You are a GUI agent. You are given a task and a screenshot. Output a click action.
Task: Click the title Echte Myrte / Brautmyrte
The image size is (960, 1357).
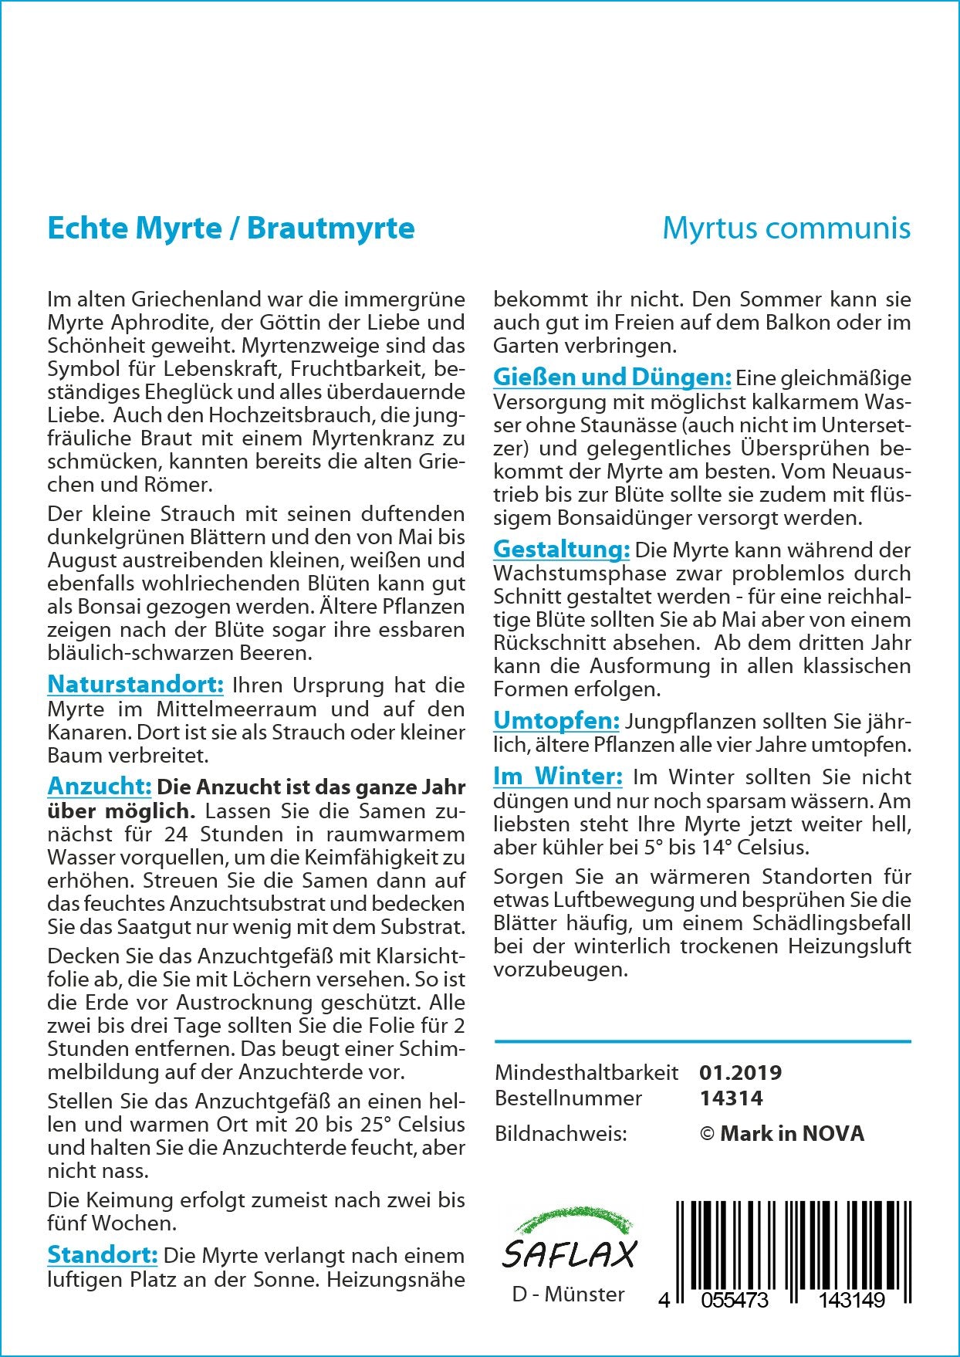pyautogui.click(x=231, y=228)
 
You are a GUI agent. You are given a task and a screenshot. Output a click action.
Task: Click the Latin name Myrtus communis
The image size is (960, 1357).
pyautogui.click(x=786, y=228)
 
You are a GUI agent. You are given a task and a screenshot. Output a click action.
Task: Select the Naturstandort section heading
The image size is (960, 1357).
pyautogui.click(x=135, y=685)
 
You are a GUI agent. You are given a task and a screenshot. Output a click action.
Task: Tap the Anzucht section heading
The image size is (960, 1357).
pyautogui.click(x=100, y=787)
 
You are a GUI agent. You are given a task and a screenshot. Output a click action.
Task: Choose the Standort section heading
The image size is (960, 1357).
pyautogui.click(x=103, y=1255)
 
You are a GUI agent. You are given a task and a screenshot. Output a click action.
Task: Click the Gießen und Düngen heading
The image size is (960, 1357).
pyautogui.click(x=612, y=377)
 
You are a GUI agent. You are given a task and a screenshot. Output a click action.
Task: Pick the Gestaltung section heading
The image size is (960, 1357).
pyautogui.click(x=562, y=550)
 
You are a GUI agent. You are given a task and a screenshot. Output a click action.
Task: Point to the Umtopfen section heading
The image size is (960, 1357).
pyautogui.click(x=556, y=721)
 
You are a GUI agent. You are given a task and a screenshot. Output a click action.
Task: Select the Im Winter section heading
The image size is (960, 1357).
pyautogui.click(x=557, y=776)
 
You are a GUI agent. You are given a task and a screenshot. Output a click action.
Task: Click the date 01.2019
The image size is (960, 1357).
pyautogui.click(x=740, y=1072)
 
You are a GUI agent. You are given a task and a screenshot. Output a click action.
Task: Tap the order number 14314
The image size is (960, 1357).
pyautogui.click(x=731, y=1098)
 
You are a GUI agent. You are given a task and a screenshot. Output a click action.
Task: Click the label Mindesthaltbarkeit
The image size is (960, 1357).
pyautogui.click(x=586, y=1072)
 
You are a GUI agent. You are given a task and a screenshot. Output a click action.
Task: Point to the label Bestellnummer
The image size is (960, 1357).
pyautogui.click(x=568, y=1098)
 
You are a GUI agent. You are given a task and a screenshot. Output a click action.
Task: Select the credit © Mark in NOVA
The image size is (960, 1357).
pyautogui.click(x=782, y=1133)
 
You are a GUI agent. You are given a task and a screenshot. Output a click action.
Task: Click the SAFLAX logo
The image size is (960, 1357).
pyautogui.click(x=570, y=1243)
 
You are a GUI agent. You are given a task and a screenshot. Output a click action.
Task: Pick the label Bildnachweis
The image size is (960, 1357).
pyautogui.click(x=560, y=1133)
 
